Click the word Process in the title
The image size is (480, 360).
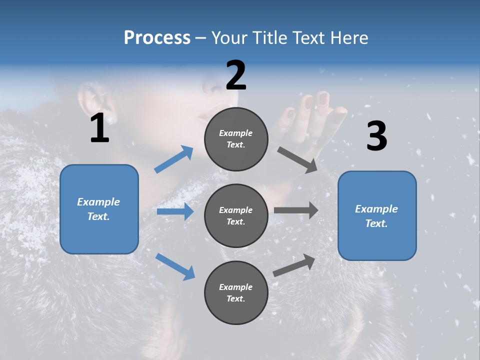click(x=157, y=38)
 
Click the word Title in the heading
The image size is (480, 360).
click(x=269, y=38)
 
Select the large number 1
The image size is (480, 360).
click(x=99, y=128)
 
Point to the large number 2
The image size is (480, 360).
click(x=236, y=75)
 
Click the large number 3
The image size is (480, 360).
click(x=376, y=136)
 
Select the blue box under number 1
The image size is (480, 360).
click(x=99, y=209)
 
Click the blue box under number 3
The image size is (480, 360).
click(x=377, y=215)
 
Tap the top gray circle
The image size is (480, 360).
click(x=236, y=139)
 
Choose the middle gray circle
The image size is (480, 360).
click(x=236, y=215)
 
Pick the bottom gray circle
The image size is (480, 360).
click(x=236, y=292)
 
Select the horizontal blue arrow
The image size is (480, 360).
click(x=175, y=211)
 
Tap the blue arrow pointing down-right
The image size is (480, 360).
click(x=175, y=266)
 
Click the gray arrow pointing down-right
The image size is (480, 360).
click(x=297, y=159)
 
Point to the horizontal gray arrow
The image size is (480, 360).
click(x=296, y=210)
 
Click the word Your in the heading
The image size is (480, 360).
click(x=229, y=38)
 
